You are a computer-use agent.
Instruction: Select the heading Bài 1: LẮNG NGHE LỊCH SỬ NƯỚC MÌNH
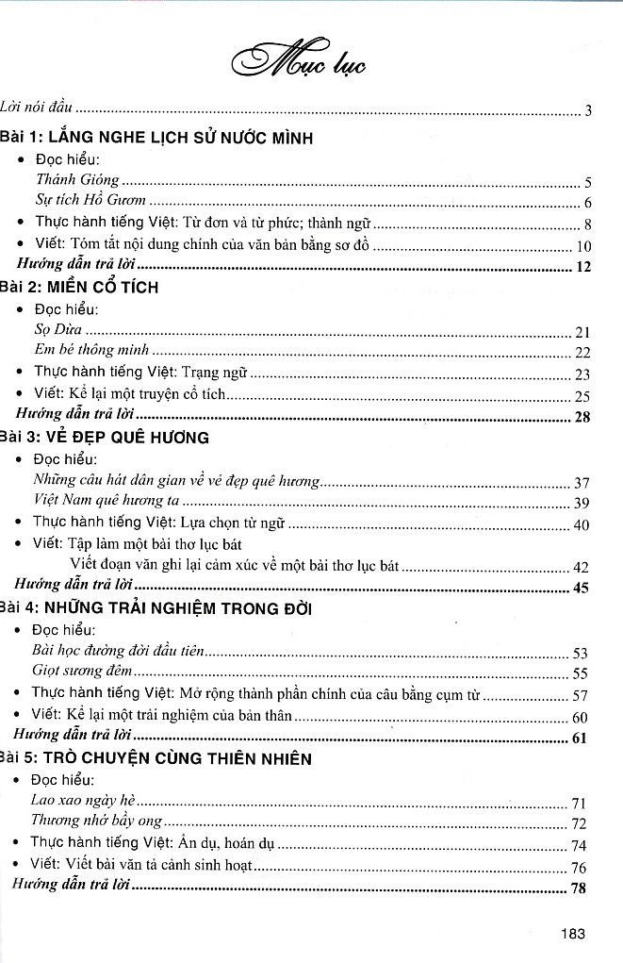pos(156,138)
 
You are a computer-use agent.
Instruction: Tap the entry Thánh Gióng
pos(78,179)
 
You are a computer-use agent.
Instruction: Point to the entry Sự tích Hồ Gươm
pos(90,200)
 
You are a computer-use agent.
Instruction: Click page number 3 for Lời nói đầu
pos(587,111)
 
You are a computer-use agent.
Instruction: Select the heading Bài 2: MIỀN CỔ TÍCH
pos(79,288)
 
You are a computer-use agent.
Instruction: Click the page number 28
pos(582,416)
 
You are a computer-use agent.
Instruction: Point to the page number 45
pos(581,589)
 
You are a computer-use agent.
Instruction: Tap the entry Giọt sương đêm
pos(82,672)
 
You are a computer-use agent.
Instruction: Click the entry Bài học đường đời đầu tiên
pos(118,652)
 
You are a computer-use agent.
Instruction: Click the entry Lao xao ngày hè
pos(76,801)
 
